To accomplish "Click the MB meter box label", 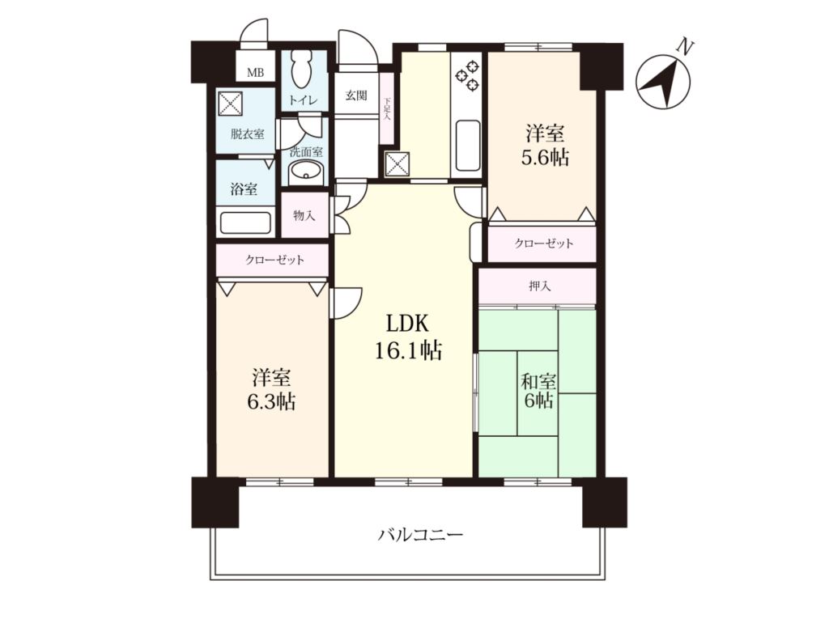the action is pyautogui.click(x=255, y=73).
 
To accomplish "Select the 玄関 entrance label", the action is pyautogui.click(x=356, y=96).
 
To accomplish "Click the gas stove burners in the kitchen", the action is pyautogui.click(x=468, y=74).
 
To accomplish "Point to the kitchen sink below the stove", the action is pyautogui.click(x=467, y=146).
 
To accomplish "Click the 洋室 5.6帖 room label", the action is pyautogui.click(x=545, y=145).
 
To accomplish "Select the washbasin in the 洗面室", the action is pyautogui.click(x=305, y=172).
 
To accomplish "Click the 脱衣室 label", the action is pyautogui.click(x=247, y=134).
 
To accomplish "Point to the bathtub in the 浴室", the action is pyautogui.click(x=245, y=222).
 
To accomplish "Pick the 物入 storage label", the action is pyautogui.click(x=304, y=215).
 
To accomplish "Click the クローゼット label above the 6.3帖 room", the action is pyautogui.click(x=274, y=260).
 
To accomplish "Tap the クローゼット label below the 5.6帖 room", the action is pyautogui.click(x=544, y=244).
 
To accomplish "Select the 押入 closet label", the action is pyautogui.click(x=540, y=286).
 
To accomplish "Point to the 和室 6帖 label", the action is pyautogui.click(x=538, y=391).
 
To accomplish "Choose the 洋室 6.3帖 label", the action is pyautogui.click(x=271, y=391).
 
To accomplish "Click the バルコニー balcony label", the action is pyautogui.click(x=421, y=536).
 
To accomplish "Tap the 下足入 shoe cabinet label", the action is pyautogui.click(x=386, y=110).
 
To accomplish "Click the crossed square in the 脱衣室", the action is pyautogui.click(x=230, y=102).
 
